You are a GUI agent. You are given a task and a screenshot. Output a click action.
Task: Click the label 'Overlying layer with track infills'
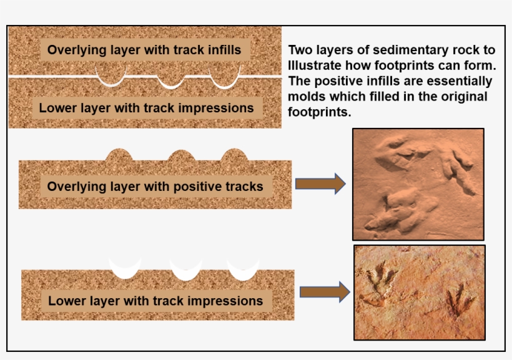[144, 50]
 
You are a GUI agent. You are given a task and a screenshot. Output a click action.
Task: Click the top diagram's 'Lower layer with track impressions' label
[146, 108]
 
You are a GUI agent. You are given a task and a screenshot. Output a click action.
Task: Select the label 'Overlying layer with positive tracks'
[155, 186]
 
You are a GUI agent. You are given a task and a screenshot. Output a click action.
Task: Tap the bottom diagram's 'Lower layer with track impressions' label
[155, 301]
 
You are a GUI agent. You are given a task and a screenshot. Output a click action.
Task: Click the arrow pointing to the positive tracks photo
[320, 183]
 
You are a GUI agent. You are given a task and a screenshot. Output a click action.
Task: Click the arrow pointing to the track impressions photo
[324, 292]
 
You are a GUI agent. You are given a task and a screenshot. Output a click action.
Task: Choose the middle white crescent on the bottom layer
[186, 272]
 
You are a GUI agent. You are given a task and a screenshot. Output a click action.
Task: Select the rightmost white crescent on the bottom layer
[244, 271]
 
